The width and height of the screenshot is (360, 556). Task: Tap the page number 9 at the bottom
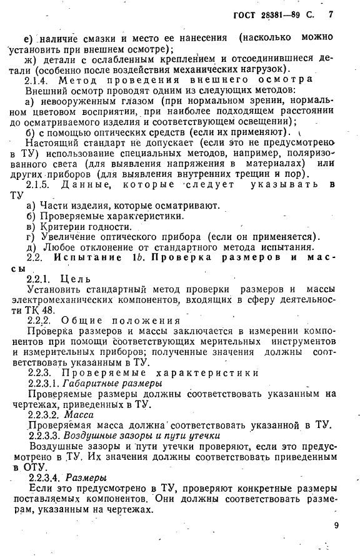click(x=336, y=525)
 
